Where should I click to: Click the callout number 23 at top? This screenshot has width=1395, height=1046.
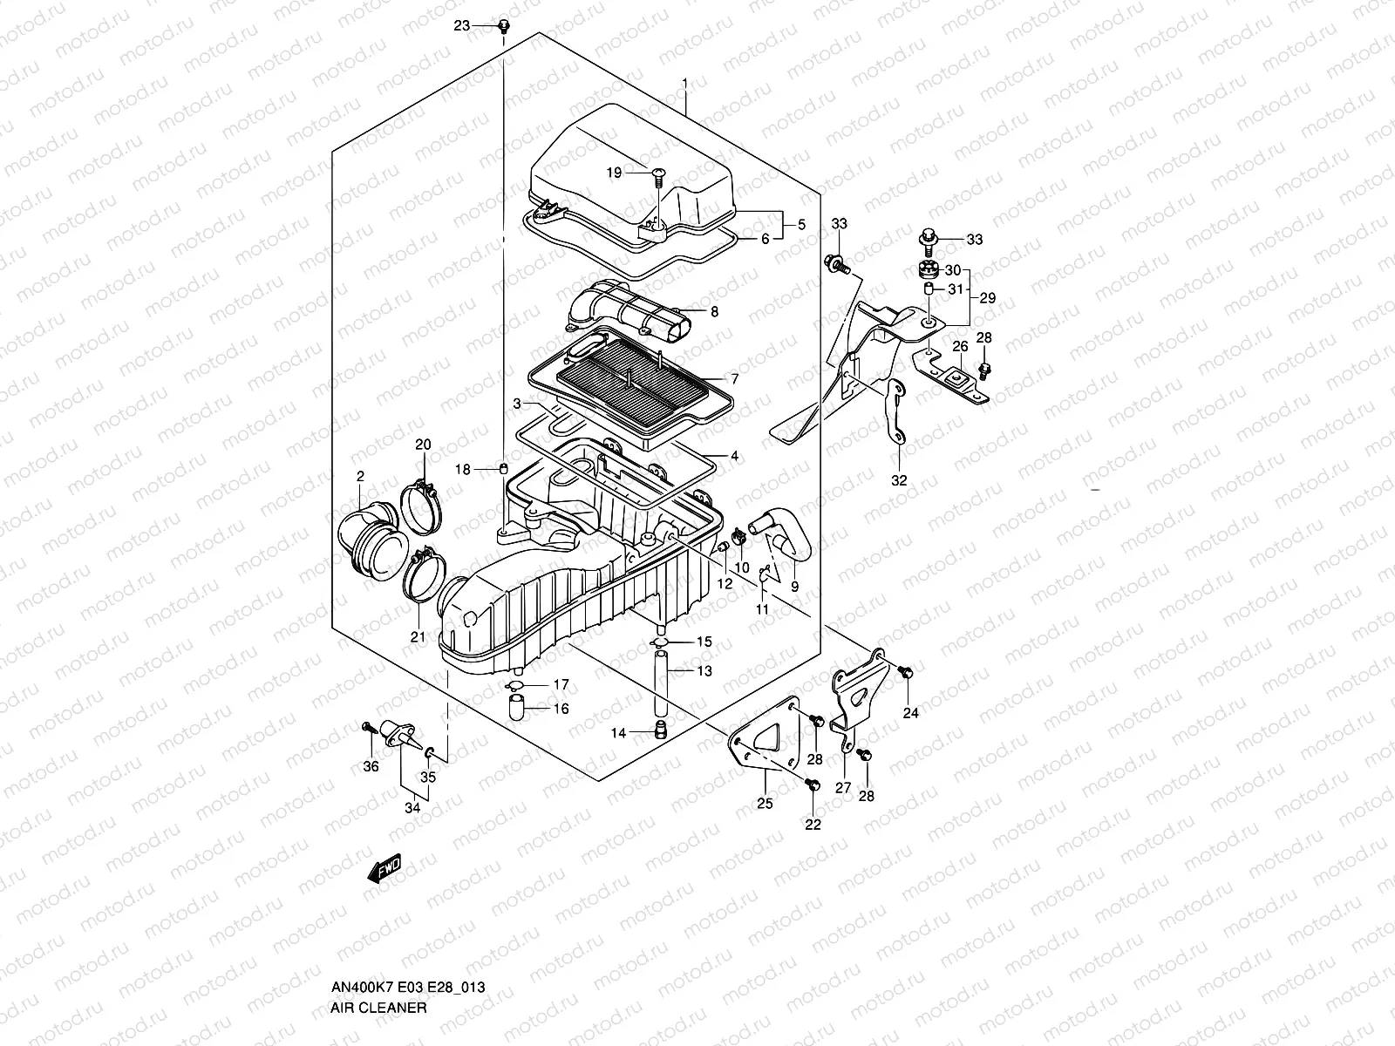pyautogui.click(x=461, y=26)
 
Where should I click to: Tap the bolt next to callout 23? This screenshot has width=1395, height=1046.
pyautogui.click(x=503, y=27)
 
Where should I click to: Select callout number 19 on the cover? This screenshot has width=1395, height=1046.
pyautogui.click(x=614, y=173)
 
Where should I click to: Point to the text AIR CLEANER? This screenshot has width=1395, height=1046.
pyautogui.click(x=378, y=1008)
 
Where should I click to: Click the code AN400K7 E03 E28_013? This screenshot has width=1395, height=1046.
pyautogui.click(x=407, y=988)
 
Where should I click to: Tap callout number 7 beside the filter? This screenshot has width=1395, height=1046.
pyautogui.click(x=734, y=379)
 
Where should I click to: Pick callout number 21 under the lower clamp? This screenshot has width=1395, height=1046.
pyautogui.click(x=418, y=637)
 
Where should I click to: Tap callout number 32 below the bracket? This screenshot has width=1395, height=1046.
pyautogui.click(x=899, y=480)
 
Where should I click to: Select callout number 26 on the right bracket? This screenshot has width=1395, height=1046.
pyautogui.click(x=959, y=347)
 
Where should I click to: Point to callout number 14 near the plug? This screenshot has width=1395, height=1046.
pyautogui.click(x=618, y=733)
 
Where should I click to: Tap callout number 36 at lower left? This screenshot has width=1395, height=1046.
pyautogui.click(x=371, y=766)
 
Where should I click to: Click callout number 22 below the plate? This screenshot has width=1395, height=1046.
pyautogui.click(x=813, y=825)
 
